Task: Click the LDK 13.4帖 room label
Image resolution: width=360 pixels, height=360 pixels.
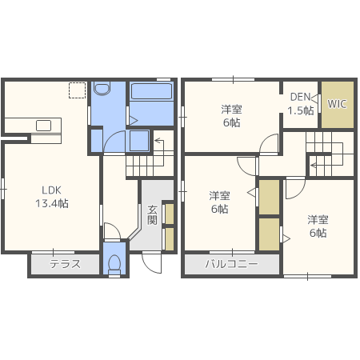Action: pyautogui.click(x=52, y=197)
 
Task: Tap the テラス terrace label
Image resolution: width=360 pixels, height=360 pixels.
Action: pyautogui.click(x=65, y=264)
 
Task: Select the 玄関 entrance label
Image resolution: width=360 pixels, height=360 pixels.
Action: pyautogui.click(x=152, y=215)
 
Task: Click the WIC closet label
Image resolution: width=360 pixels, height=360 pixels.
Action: pyautogui.click(x=337, y=104)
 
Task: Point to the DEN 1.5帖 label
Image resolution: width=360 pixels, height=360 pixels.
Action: pyautogui.click(x=301, y=103)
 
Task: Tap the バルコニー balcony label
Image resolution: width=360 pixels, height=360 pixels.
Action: pyautogui.click(x=231, y=264)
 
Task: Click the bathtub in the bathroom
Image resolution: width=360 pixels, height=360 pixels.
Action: pyautogui.click(x=151, y=91)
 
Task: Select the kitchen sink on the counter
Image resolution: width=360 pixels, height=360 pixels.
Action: pyautogui.click(x=43, y=126)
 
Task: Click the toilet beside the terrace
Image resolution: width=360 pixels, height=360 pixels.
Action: pyautogui.click(x=114, y=264)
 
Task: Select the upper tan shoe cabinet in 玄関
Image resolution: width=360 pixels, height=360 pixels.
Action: pyautogui.click(x=170, y=214)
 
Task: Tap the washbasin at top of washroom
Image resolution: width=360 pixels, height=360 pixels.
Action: pyautogui.click(x=102, y=89)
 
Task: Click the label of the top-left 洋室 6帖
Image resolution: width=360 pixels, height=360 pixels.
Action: pyautogui.click(x=231, y=116)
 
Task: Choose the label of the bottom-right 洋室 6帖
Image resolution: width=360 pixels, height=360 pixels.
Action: pyautogui.click(x=318, y=226)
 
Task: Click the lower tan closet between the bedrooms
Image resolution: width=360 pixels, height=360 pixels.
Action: pyautogui.click(x=269, y=234)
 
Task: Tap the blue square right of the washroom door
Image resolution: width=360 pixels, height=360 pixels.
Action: pyautogui.click(x=139, y=141)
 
